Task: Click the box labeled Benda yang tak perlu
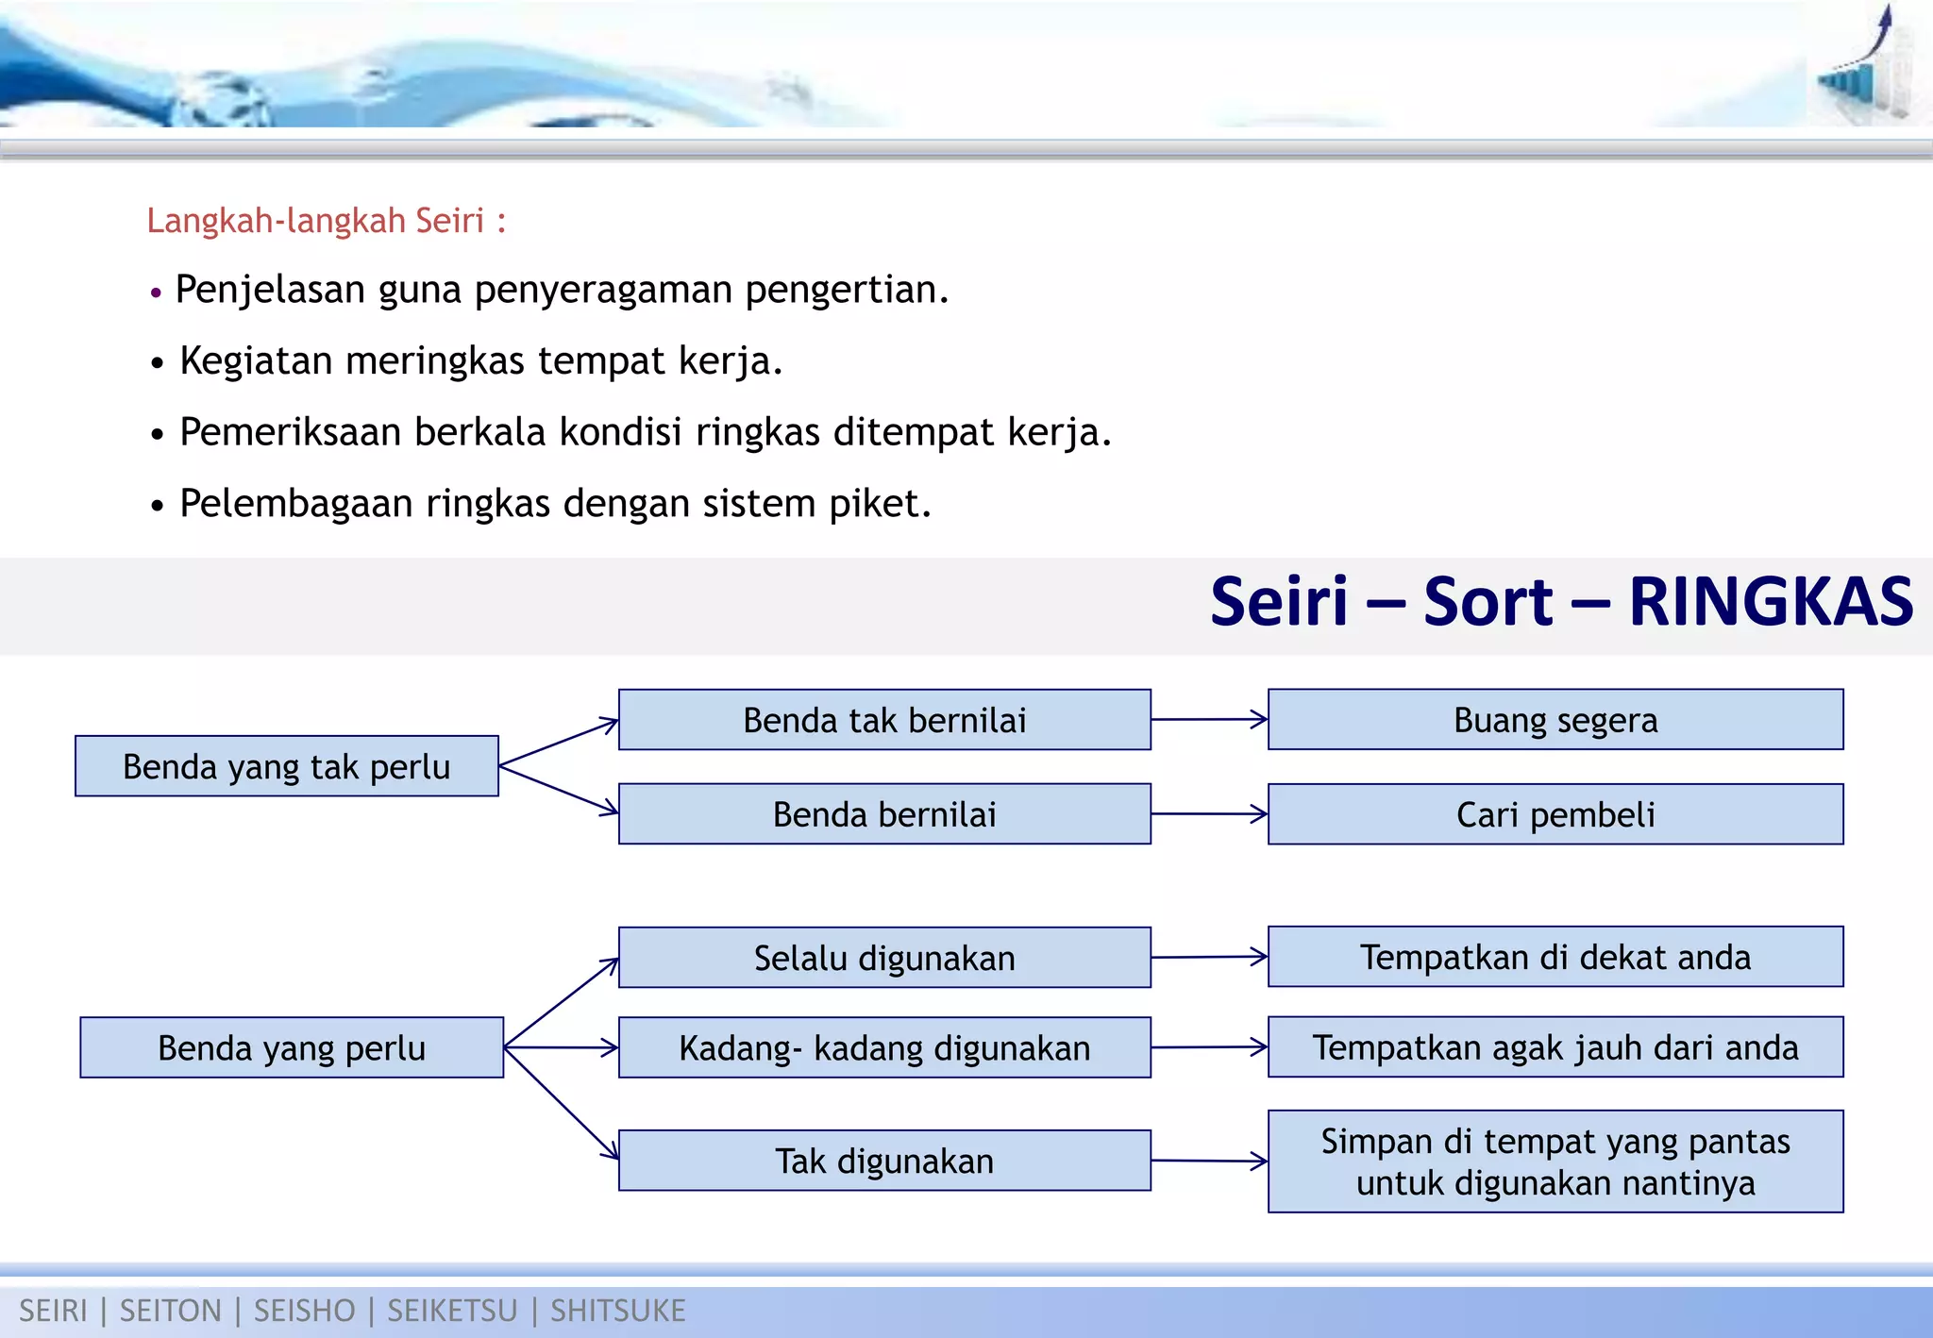click(287, 766)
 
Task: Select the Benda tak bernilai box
click(884, 720)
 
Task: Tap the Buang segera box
click(1555, 720)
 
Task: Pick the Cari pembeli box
click(1555, 814)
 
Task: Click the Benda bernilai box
click(884, 814)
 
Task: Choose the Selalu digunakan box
click(884, 958)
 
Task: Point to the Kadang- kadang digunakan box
click(884, 1048)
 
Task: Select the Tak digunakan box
click(884, 1161)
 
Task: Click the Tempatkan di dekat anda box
click(1555, 957)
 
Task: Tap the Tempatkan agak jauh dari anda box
click(1555, 1047)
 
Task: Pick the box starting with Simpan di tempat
click(1555, 1162)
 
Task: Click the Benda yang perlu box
click(292, 1048)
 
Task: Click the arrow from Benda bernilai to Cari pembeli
click(1209, 813)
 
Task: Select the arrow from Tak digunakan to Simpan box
click(1209, 1161)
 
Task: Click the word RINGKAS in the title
click(1771, 602)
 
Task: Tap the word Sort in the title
click(1488, 602)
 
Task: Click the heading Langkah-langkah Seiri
click(326, 221)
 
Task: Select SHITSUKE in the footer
click(617, 1311)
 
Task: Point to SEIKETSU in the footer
click(452, 1311)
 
